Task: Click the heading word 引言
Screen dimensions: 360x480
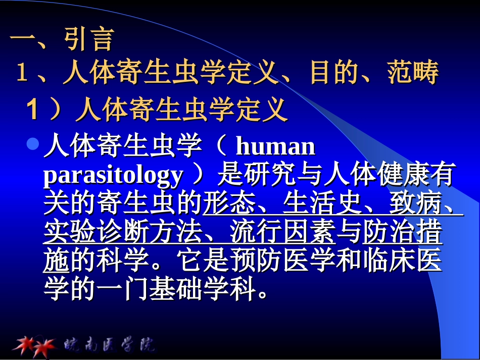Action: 89,39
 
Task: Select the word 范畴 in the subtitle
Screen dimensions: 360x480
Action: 413,73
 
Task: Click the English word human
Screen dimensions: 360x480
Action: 275,147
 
